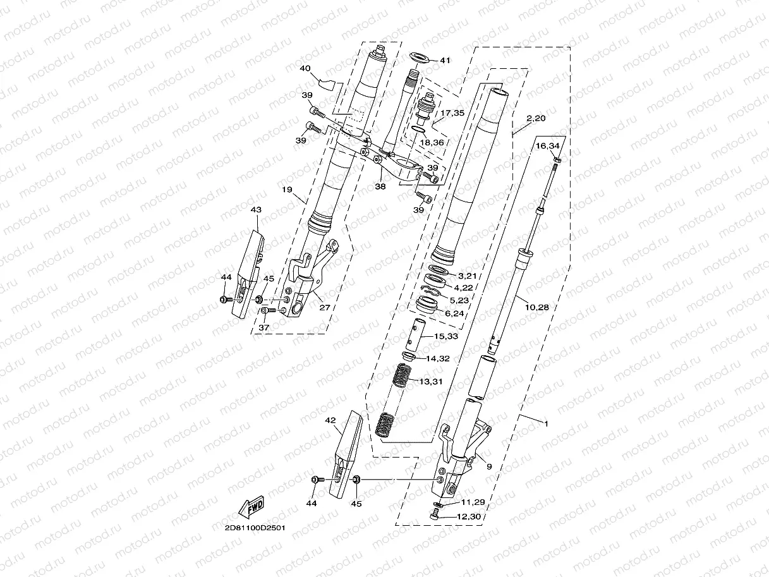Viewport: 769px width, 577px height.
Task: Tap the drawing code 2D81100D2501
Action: coord(250,528)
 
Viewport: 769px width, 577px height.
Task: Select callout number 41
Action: coord(445,61)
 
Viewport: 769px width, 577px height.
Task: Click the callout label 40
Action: coord(305,68)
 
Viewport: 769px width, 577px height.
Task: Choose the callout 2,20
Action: coord(536,118)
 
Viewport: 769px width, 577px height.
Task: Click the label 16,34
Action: coord(548,146)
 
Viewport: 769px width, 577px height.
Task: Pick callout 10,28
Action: coord(536,307)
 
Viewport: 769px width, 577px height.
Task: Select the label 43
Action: coord(256,209)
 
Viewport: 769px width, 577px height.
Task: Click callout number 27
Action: coord(325,308)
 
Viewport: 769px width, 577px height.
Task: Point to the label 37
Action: coord(263,327)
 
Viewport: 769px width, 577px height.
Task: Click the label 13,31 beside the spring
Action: coord(431,380)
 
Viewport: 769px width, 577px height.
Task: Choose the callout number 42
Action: coord(330,420)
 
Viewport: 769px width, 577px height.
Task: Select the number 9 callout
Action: coord(489,466)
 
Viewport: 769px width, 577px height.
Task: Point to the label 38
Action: coord(380,187)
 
